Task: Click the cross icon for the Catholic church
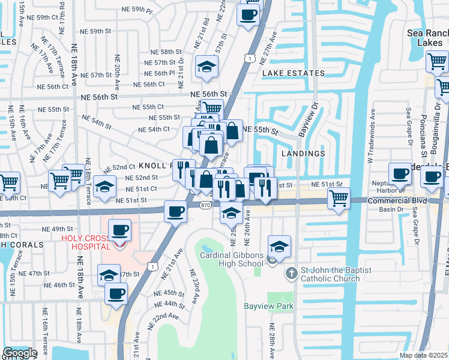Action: (x=291, y=273)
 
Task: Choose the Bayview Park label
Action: (x=268, y=306)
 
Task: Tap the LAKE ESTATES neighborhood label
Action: (x=293, y=73)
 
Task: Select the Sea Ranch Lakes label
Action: (x=428, y=37)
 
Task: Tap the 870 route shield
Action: (x=205, y=204)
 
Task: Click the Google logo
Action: (x=20, y=353)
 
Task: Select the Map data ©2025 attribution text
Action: (x=423, y=355)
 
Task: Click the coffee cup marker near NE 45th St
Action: (x=116, y=293)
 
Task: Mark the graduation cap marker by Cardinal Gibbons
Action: (x=279, y=246)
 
